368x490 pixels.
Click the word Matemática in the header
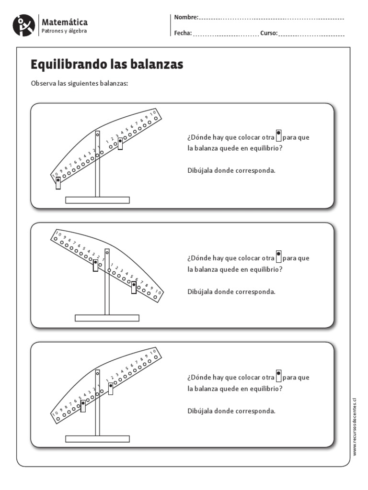coord(65,22)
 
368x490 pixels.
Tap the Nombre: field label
coord(186,18)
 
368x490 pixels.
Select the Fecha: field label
coord(183,33)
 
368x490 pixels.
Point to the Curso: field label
coord(269,33)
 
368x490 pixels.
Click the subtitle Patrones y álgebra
coord(65,31)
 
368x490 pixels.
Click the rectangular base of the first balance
coord(97,200)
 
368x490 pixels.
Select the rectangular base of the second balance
coord(107,318)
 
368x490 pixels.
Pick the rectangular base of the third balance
coord(97,438)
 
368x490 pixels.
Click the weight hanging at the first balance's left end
coord(58,182)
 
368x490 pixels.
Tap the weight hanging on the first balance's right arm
coord(120,143)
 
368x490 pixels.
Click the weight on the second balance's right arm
coord(134,287)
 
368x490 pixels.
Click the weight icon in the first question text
coord(278,136)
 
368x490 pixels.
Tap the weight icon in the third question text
coord(278,375)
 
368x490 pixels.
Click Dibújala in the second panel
coord(199,291)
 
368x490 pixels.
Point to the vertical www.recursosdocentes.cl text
coord(355,426)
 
